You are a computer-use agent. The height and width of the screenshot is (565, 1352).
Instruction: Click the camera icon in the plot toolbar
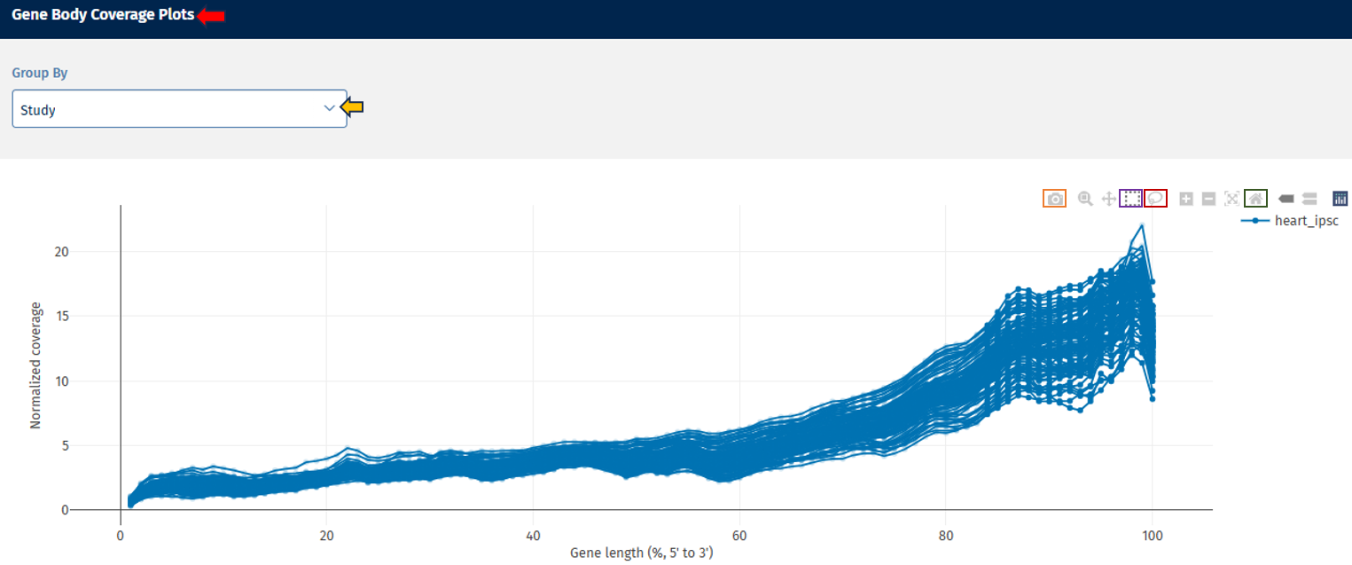[x=1054, y=199]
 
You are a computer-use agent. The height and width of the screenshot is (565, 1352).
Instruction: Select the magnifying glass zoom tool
[x=1085, y=199]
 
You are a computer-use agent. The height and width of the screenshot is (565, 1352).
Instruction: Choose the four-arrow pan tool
[x=1108, y=199]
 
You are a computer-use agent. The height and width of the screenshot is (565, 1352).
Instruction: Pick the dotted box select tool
[x=1131, y=199]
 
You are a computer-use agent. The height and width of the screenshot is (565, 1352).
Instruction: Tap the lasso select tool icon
[x=1155, y=199]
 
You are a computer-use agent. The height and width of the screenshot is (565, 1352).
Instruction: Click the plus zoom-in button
[x=1186, y=199]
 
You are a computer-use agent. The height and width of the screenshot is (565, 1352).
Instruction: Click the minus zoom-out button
[x=1208, y=199]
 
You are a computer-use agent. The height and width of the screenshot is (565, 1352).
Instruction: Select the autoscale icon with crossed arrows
[x=1231, y=199]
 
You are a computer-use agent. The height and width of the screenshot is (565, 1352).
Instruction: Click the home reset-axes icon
[x=1255, y=199]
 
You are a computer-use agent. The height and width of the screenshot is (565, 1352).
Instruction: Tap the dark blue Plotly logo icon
[x=1340, y=199]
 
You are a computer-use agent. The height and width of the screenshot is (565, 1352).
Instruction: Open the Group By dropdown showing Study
[x=179, y=109]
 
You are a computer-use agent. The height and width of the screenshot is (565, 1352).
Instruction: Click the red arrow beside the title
[x=211, y=16]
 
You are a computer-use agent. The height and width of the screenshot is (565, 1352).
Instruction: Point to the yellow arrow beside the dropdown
[x=353, y=108]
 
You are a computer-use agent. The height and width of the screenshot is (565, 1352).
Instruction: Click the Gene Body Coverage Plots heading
[x=103, y=15]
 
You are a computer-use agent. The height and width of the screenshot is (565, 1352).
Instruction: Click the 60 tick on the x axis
[x=739, y=535]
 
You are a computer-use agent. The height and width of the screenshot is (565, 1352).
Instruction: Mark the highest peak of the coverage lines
[x=1142, y=225]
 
